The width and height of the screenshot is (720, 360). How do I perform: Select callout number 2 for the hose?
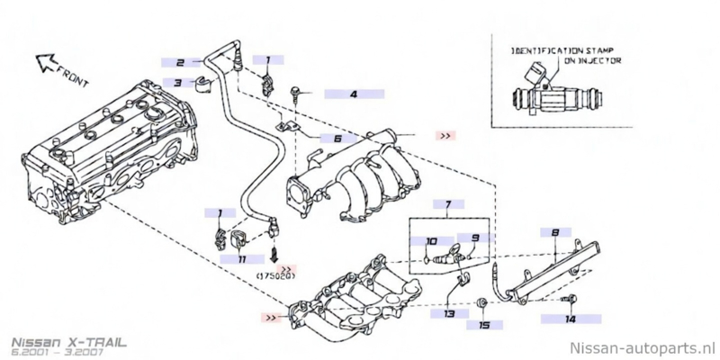click(181, 63)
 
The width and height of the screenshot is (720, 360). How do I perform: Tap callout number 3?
click(178, 84)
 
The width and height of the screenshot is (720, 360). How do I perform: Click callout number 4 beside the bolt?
click(354, 94)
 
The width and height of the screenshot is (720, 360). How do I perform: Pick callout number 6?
click(337, 139)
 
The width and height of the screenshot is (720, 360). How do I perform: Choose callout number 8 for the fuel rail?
click(555, 232)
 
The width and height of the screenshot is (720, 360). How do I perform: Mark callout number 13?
click(449, 313)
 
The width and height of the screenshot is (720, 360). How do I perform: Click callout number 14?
click(570, 319)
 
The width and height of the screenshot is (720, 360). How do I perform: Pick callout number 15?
click(483, 324)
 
